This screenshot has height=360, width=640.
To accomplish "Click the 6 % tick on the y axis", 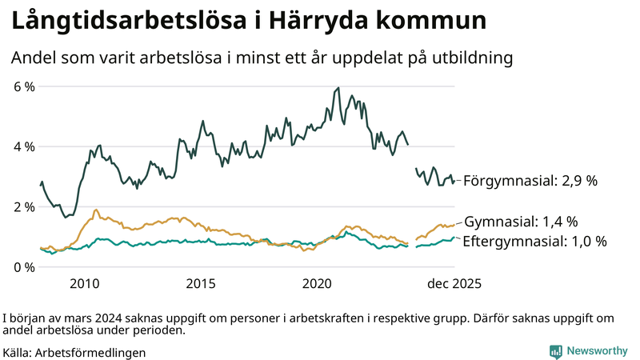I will click(x=24, y=86).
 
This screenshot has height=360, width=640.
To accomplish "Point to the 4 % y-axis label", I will click(x=24, y=146).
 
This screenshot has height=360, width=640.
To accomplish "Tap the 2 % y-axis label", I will click(x=24, y=206).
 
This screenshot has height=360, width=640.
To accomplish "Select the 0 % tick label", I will click(x=24, y=266).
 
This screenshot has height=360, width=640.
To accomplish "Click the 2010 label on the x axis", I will click(x=85, y=283).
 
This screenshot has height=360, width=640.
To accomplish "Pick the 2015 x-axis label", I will click(x=201, y=283).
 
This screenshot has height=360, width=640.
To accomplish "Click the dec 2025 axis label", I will click(x=454, y=283).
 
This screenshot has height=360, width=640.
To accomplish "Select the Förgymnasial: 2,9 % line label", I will click(x=530, y=181).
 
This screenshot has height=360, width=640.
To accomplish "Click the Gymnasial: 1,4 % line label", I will click(x=521, y=222).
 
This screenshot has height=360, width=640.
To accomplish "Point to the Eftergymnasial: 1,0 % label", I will click(x=535, y=241).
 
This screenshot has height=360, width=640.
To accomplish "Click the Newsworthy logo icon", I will click(x=555, y=351).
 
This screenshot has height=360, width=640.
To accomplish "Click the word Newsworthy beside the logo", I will click(x=597, y=351).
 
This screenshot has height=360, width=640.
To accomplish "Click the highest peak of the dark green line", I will click(x=338, y=88).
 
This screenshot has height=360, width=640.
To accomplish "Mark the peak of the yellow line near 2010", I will click(x=96, y=210).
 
